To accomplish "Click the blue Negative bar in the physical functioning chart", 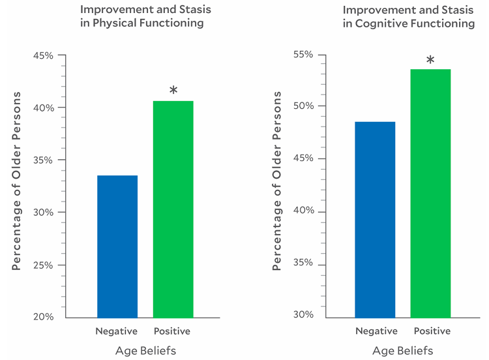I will click(x=117, y=246).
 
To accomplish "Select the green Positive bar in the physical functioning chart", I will click(x=173, y=209).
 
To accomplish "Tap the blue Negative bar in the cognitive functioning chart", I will click(x=375, y=219).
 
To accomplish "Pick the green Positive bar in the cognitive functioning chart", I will click(x=430, y=193).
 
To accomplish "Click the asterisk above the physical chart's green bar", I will click(x=173, y=91).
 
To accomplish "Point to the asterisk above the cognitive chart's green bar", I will click(x=430, y=61).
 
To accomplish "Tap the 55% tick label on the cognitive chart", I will click(x=303, y=54).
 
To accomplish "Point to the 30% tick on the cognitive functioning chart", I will click(x=303, y=315).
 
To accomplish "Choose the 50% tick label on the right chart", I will click(x=303, y=106).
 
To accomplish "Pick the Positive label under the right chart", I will click(x=432, y=331).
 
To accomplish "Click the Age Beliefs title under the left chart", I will click(x=145, y=351).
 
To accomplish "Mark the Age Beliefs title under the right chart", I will click(x=402, y=351).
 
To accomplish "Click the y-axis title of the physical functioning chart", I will click(x=17, y=181).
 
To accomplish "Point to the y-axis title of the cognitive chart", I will click(x=277, y=181).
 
